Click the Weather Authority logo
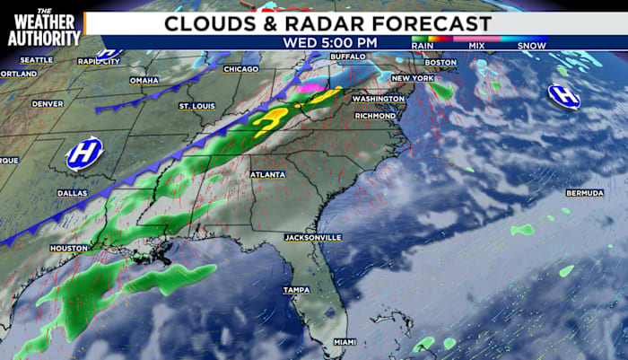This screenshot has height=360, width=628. click(x=44, y=27)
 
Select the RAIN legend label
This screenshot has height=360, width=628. click(x=422, y=45)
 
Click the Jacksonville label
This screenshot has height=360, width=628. click(x=312, y=237)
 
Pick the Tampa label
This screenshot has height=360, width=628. click(x=296, y=290)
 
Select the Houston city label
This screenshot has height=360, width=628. click(x=69, y=248)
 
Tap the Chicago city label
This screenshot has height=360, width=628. click(x=240, y=69)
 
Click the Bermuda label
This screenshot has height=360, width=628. click(x=584, y=193)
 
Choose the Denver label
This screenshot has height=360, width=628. click(x=48, y=103)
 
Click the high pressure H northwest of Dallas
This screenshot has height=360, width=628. click(x=84, y=153)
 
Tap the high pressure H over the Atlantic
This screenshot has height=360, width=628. click(x=564, y=96)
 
